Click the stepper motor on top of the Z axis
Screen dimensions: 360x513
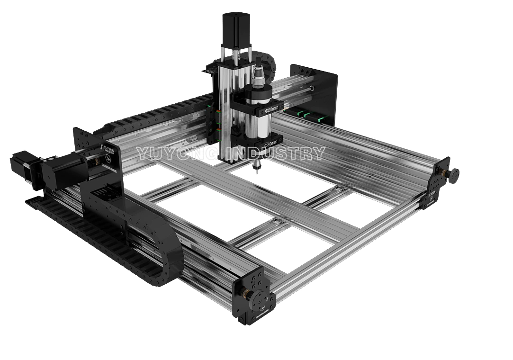coord(236,28)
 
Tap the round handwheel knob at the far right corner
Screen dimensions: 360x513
coord(454,175)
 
